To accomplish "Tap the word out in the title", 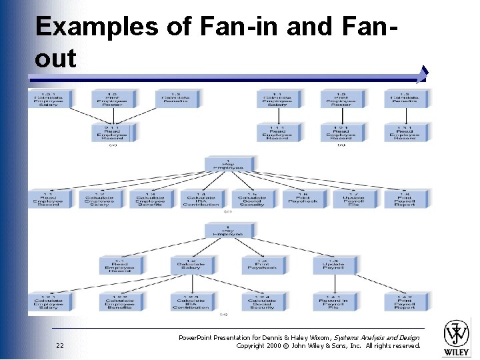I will (55, 59).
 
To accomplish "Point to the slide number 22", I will (60, 345).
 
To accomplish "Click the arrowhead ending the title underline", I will (425, 73).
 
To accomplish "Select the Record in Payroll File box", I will (333, 301).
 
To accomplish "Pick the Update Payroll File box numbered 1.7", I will (353, 198).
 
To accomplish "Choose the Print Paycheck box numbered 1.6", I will (302, 198).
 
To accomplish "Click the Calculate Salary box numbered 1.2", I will (191, 265).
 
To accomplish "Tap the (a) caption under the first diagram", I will (113, 145).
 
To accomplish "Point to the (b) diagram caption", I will (341, 145).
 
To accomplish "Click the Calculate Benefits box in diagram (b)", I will (405, 99).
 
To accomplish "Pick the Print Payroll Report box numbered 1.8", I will (405, 198).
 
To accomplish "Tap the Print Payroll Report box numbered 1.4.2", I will (405, 301).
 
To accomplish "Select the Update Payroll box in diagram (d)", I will (333, 265).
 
